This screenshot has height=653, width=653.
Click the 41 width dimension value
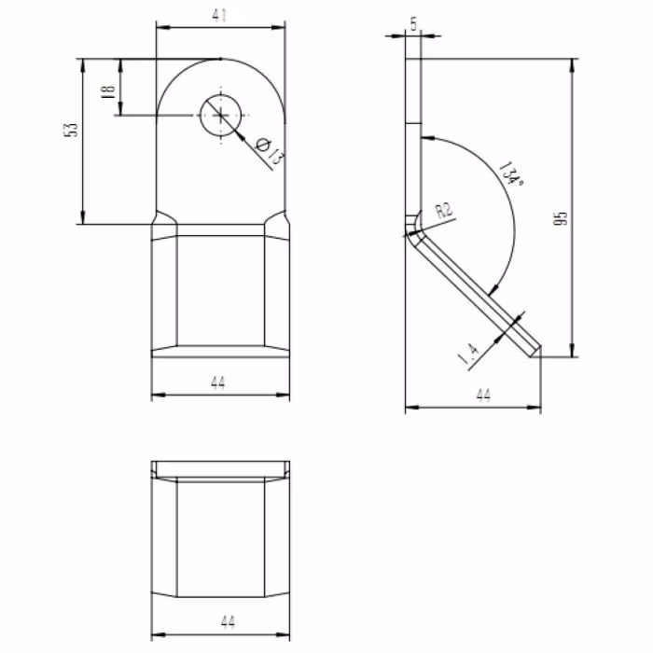(x=220, y=15)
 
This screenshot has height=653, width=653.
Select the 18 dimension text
(x=108, y=90)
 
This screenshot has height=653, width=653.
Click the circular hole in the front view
(x=219, y=115)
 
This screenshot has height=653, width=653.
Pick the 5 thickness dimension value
(x=413, y=24)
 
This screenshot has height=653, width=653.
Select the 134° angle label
(x=510, y=175)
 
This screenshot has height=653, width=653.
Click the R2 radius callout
(x=446, y=211)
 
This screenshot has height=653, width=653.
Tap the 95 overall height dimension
(x=560, y=219)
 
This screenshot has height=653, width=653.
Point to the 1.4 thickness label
(x=469, y=352)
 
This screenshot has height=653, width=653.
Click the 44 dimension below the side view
(x=483, y=396)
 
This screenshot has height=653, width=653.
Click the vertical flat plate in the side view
(x=413, y=140)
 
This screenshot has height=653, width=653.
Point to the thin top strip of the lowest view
(x=220, y=467)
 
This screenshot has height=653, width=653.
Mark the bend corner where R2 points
(x=411, y=227)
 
